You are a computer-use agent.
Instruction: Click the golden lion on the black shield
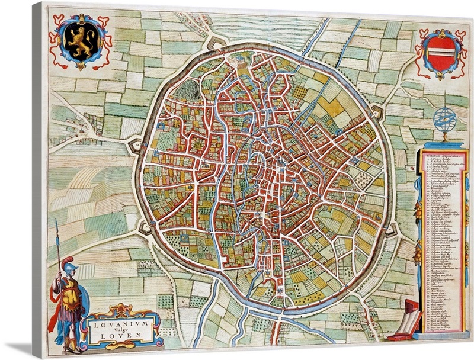coord(83,43)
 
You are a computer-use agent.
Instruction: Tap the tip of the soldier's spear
coord(57,224)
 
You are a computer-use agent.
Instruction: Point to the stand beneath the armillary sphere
coord(444,138)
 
